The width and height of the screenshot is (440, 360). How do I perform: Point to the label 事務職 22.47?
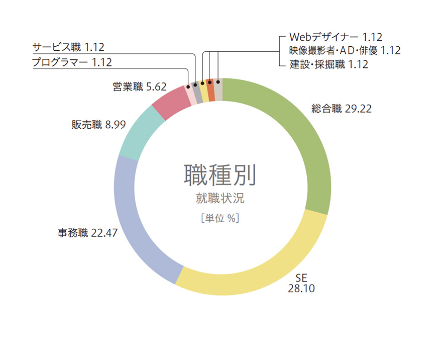[x=87, y=233]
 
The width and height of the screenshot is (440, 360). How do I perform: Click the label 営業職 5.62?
[x=139, y=86]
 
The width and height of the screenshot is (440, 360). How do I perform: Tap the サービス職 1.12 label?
[x=68, y=48]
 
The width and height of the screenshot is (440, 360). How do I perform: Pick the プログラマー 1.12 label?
[x=71, y=62]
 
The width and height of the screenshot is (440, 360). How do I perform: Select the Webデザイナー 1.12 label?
[x=336, y=37]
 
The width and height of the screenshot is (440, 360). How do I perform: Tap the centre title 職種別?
[x=220, y=175]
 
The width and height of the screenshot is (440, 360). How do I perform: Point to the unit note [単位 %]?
[x=219, y=219]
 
